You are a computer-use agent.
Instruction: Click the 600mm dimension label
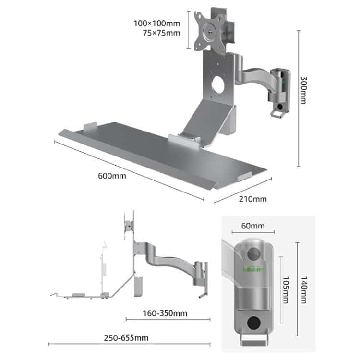point(112,176)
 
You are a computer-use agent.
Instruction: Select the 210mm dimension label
point(253,199)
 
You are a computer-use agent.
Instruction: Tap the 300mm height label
point(303,90)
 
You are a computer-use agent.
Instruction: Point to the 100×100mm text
point(157,24)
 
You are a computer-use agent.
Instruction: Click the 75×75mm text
point(161,33)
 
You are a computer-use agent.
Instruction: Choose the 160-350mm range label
point(165,313)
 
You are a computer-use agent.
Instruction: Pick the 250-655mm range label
point(126,338)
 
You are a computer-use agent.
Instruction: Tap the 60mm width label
point(253,226)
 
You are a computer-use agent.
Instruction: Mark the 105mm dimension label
point(286,290)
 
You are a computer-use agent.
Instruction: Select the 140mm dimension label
point(304,290)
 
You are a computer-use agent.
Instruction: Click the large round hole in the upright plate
point(217,85)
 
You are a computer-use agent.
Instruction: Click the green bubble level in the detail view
point(254,268)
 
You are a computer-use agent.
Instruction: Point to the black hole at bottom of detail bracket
point(254,323)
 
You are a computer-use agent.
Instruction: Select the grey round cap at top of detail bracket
point(254,254)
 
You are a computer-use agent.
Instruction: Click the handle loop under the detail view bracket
point(254,340)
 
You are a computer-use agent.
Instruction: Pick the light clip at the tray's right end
point(244,176)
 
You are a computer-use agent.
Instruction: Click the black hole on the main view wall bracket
point(280,107)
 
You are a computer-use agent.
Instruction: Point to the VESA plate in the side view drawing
point(129,226)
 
